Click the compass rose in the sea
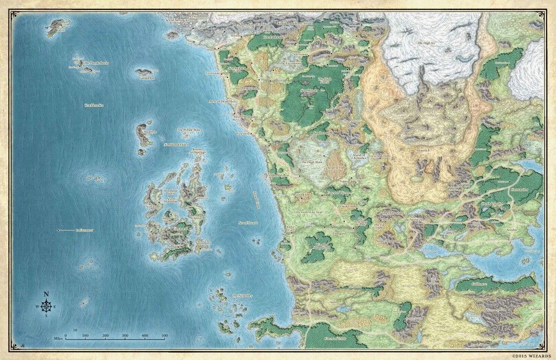46,305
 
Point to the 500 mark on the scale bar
165,336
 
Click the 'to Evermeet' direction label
86,229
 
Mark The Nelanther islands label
243,295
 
